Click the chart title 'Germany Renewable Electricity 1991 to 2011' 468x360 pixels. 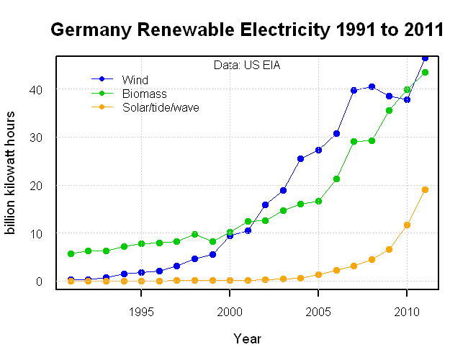(246, 30)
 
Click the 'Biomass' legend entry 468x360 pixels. (144, 94)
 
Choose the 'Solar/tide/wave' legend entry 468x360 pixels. (161, 108)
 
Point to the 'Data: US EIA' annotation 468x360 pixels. (247, 66)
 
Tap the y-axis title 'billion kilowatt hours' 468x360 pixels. (11, 173)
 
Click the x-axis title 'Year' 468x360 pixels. (247, 338)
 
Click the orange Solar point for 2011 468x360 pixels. (425, 189)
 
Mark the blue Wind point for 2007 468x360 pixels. (354, 90)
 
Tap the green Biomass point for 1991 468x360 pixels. (71, 253)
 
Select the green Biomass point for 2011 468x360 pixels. (425, 72)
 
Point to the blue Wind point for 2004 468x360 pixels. (300, 158)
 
